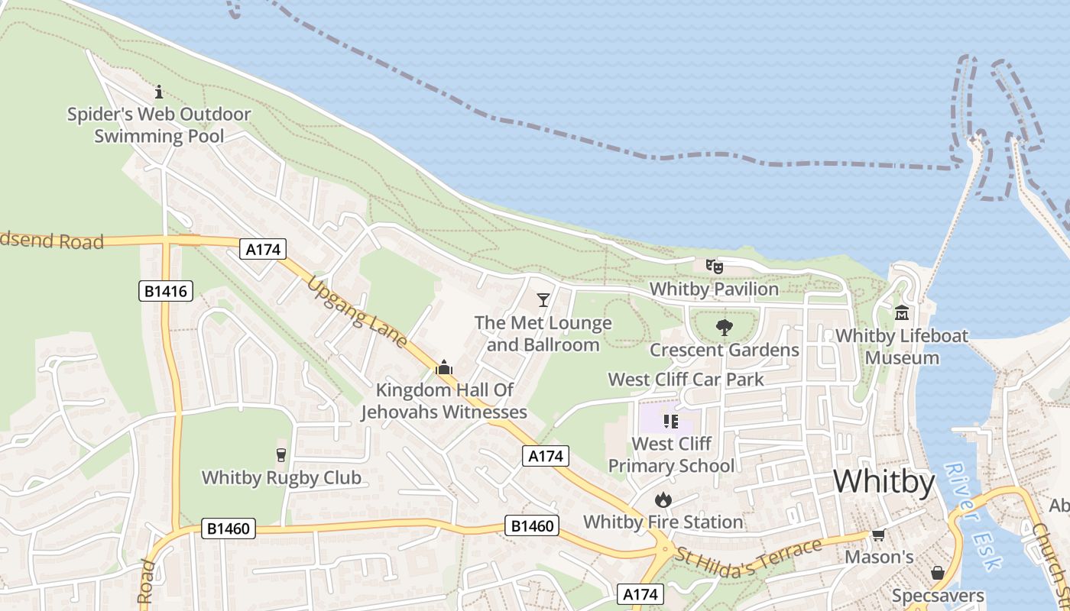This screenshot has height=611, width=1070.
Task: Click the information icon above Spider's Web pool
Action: [x=159, y=92]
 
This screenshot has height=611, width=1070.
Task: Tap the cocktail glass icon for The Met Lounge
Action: [x=543, y=299]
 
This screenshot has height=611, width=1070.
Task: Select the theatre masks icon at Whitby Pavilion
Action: [x=715, y=267]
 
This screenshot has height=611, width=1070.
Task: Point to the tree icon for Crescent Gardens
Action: [x=724, y=328]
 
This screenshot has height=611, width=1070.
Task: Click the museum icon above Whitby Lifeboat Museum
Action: [x=902, y=313]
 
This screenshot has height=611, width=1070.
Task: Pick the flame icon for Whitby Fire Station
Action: [x=663, y=499]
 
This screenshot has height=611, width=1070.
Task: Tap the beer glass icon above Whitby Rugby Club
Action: [x=281, y=455]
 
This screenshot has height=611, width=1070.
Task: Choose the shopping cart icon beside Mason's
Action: [x=879, y=535]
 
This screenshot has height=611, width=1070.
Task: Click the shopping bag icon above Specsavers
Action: [x=938, y=573]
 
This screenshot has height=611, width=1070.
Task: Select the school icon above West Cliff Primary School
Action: [x=671, y=421]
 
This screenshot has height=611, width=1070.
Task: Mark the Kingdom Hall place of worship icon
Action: [x=444, y=367]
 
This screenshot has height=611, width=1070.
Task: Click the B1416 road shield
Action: [x=166, y=291]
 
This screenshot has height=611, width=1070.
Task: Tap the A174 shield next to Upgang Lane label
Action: [x=263, y=248]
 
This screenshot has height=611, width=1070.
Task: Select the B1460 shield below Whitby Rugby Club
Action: [x=229, y=529]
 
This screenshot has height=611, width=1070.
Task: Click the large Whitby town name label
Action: [x=884, y=483]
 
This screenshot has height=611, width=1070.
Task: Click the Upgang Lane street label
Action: [x=357, y=312]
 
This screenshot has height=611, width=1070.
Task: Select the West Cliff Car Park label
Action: [x=686, y=380]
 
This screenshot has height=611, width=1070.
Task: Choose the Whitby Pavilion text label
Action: [x=714, y=289]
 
